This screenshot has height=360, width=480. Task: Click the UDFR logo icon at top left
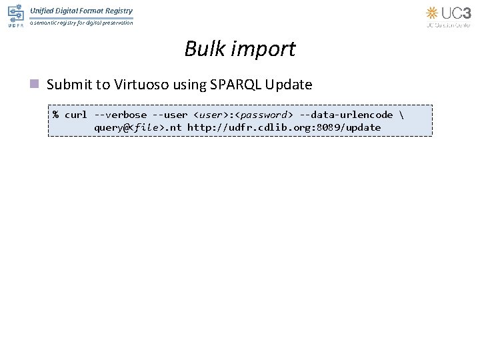coord(15,15)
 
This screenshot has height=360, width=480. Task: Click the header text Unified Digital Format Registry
coord(81,11)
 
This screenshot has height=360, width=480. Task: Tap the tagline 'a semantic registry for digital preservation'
coord(81,23)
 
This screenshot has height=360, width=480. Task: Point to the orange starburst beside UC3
coord(433,13)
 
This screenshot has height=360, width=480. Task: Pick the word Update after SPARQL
coord(288,85)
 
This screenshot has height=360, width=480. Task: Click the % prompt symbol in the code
coord(56,115)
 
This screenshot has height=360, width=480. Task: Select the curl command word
coord(75,115)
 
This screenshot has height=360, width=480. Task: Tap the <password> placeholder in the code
coord(262,115)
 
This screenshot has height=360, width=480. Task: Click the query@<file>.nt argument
coord(137,127)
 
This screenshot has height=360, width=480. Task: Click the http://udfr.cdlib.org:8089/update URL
coord(284,127)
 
